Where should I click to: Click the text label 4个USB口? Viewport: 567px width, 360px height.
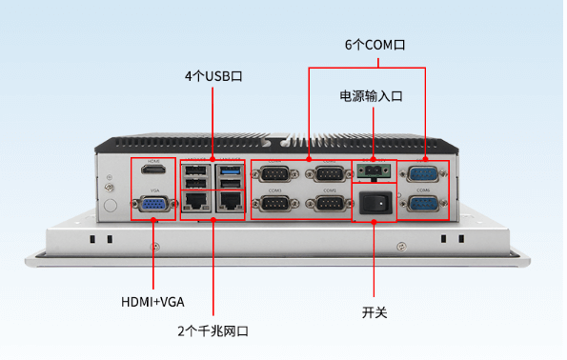click(x=213, y=76)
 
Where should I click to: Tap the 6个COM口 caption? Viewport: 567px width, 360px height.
click(x=375, y=45)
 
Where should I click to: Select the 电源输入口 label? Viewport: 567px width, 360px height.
click(x=372, y=96)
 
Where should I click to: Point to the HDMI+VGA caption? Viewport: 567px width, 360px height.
click(x=152, y=302)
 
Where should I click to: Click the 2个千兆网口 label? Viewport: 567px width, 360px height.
click(x=213, y=330)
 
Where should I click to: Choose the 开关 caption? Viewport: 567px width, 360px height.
click(x=374, y=311)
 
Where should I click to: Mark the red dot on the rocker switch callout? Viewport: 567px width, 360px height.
click(x=374, y=221)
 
